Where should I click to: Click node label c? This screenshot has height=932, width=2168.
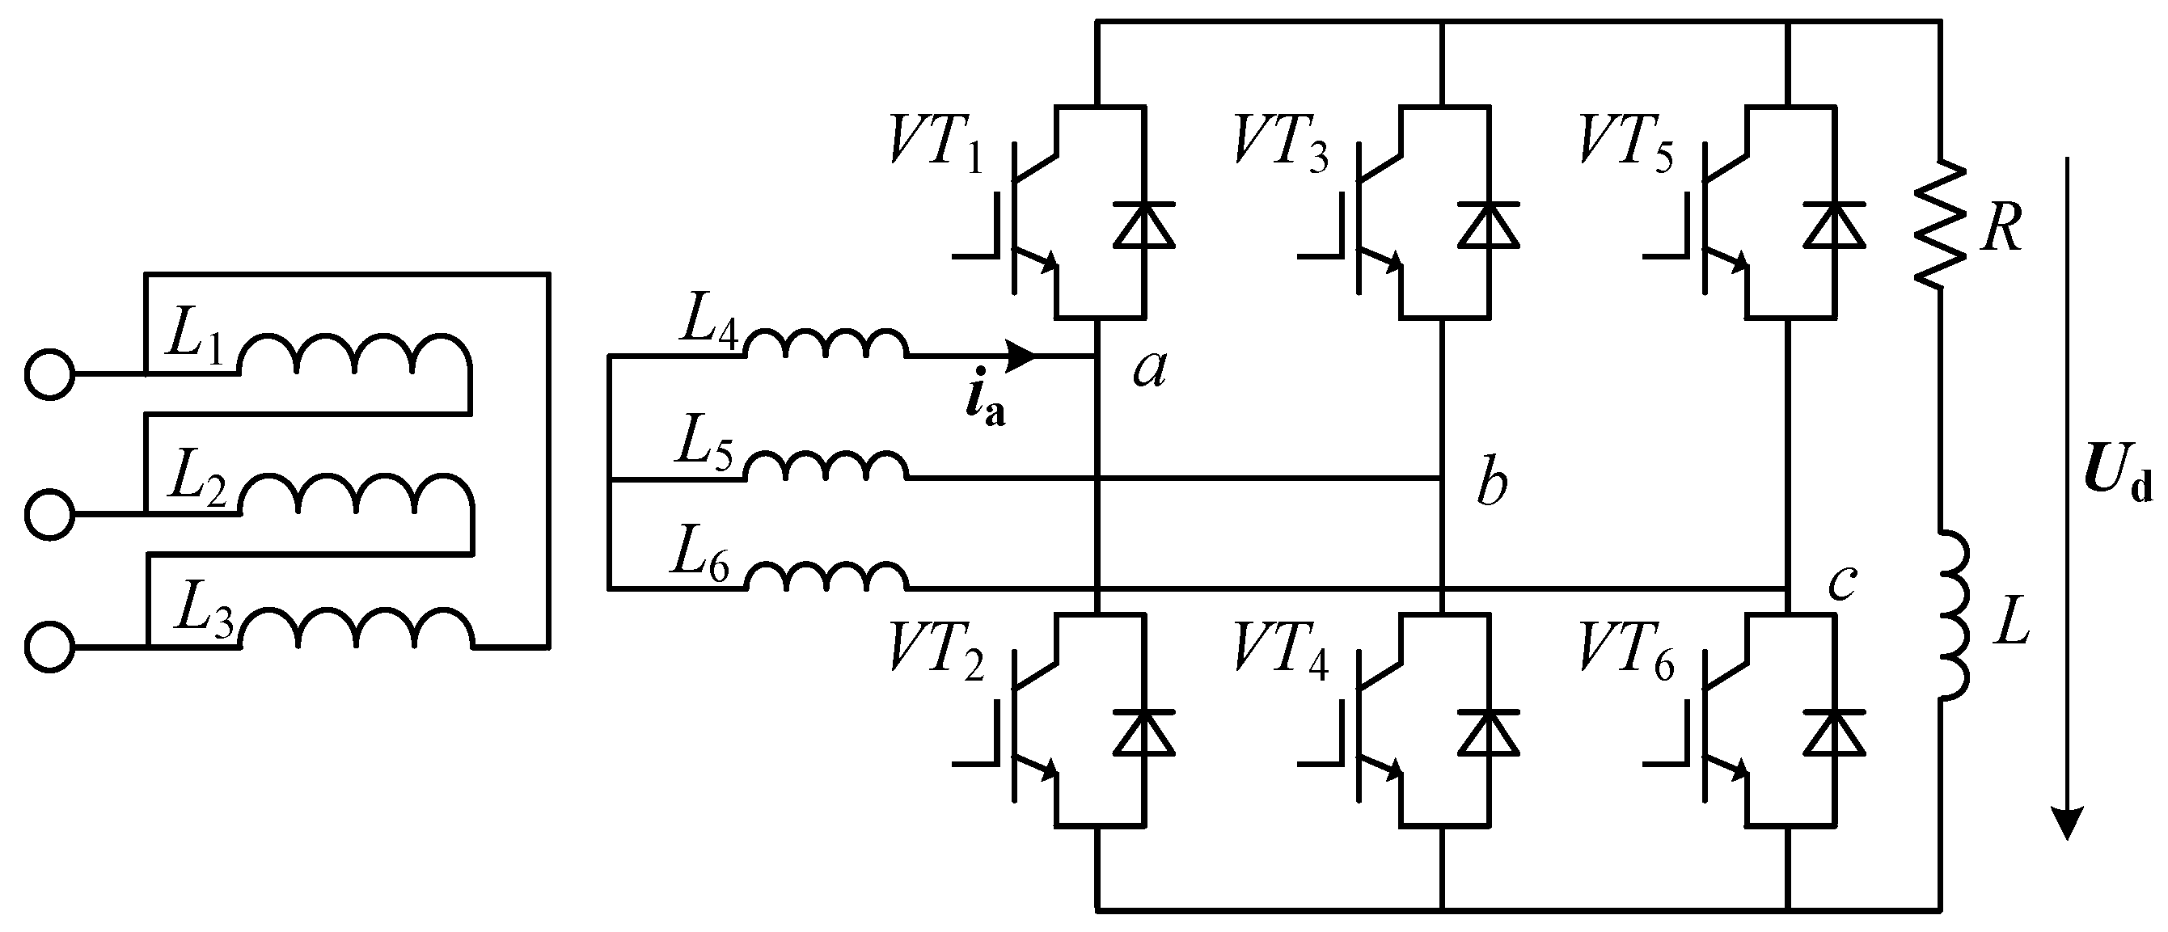point(1841,582)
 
